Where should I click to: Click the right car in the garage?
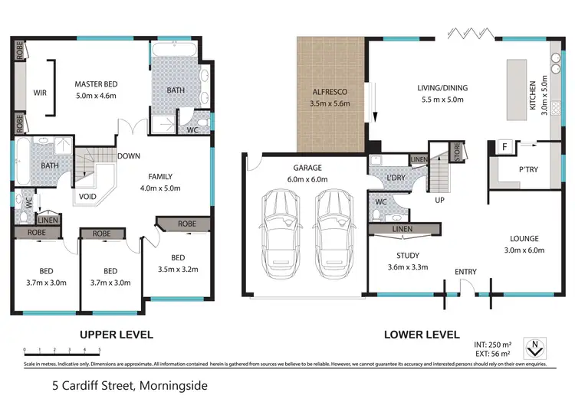point(331,227)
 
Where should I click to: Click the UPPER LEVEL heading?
point(117,335)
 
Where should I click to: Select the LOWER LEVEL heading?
point(422,335)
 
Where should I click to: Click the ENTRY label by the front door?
point(465,272)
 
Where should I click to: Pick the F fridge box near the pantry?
point(504,145)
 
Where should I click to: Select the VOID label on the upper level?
point(88,196)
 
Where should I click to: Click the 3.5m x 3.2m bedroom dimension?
point(178,270)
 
